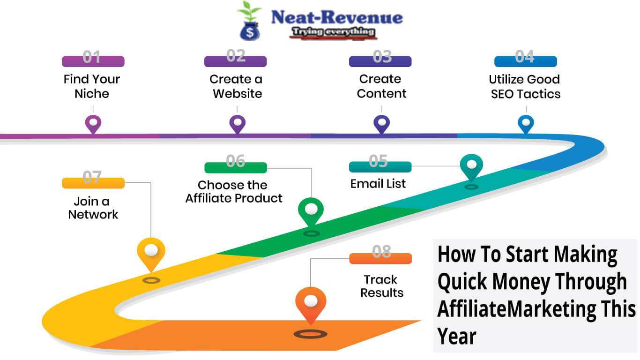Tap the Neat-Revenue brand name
[337, 17]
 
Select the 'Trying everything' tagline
[333, 32]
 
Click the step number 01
[92, 57]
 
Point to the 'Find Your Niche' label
[92, 86]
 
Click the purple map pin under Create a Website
[237, 124]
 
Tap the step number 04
[525, 57]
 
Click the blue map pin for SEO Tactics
[526, 124]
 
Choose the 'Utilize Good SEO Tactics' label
[525, 86]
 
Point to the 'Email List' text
[378, 184]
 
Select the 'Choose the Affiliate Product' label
[234, 191]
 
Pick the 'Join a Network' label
[93, 208]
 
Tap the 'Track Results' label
[381, 286]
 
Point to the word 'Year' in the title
[457, 337]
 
